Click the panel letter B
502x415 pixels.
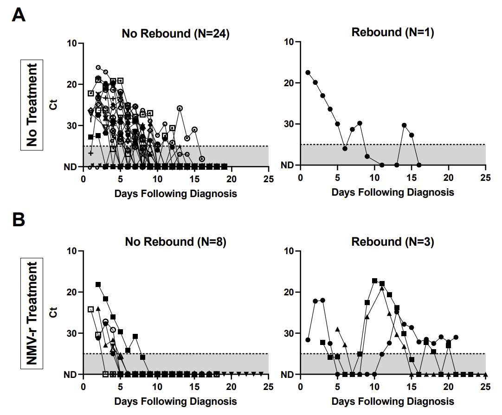(19, 220)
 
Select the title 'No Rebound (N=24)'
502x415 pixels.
(176, 33)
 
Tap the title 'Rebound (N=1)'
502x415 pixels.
(393, 32)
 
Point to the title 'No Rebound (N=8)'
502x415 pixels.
(175, 242)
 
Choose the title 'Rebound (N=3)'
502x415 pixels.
(393, 242)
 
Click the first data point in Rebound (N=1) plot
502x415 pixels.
(308, 73)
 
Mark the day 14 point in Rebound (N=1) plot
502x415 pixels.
(404, 125)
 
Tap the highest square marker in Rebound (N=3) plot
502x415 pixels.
(374, 281)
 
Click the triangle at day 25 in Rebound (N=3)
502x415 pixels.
(485, 374)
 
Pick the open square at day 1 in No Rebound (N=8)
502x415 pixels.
(91, 309)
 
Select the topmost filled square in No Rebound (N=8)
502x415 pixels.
(98, 284)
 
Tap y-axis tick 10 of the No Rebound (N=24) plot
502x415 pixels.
(72, 43)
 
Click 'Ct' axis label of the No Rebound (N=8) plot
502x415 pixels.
(54, 313)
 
